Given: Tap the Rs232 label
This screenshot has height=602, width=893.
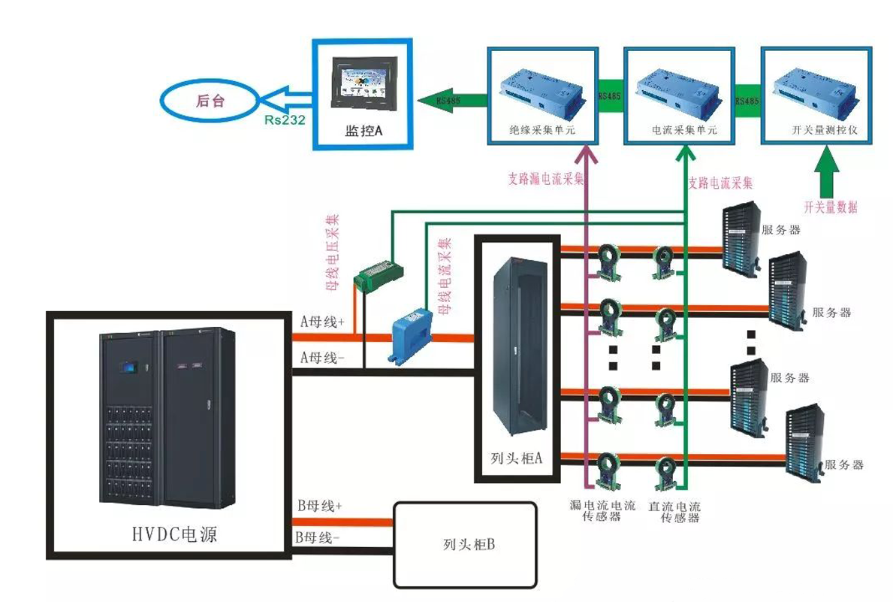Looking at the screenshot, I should [x=284, y=119].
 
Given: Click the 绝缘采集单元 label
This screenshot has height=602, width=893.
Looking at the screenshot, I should [x=542, y=130].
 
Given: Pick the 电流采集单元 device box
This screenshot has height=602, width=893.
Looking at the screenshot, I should [x=678, y=93].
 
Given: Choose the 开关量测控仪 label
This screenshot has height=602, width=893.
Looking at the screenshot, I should [x=818, y=130].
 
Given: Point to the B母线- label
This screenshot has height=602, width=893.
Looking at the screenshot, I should [x=317, y=537].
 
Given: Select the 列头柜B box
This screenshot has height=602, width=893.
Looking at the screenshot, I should [x=466, y=544].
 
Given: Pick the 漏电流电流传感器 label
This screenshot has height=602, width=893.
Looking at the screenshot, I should [x=602, y=512].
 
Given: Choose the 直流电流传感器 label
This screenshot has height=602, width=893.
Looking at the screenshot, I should [x=674, y=512].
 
